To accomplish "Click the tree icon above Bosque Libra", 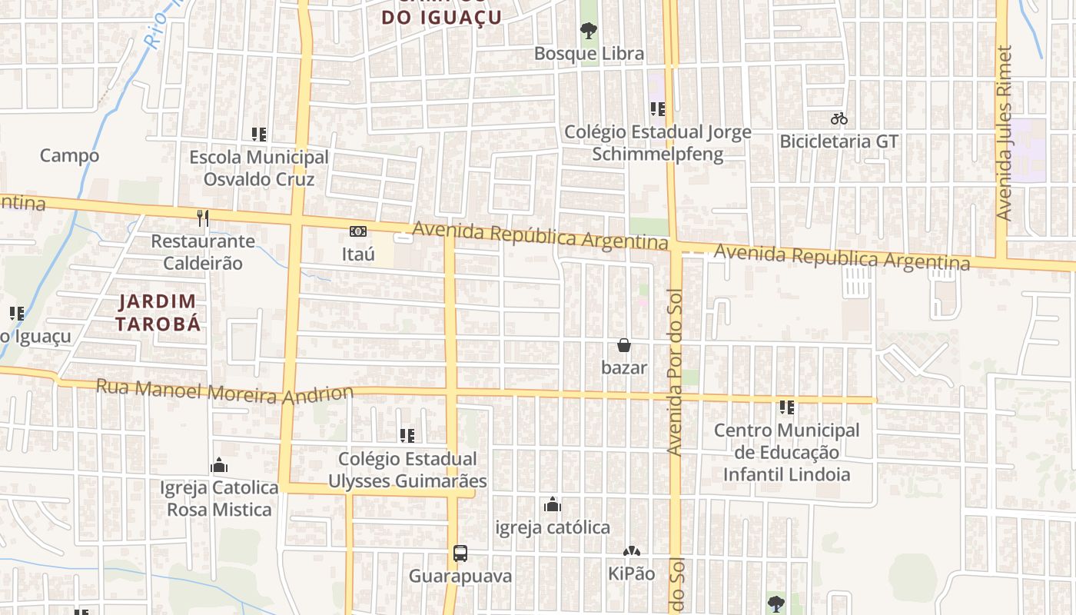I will pyautogui.click(x=589, y=31).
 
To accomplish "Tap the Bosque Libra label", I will pyautogui.click(x=589, y=54).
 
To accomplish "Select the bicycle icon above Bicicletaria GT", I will pyautogui.click(x=839, y=119).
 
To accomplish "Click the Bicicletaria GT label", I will pyautogui.click(x=839, y=141).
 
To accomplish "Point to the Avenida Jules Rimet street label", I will pyautogui.click(x=1004, y=134).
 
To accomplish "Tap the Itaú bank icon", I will pyautogui.click(x=358, y=231).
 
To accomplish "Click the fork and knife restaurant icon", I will pyautogui.click(x=203, y=218).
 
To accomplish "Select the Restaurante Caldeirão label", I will pyautogui.click(x=203, y=252).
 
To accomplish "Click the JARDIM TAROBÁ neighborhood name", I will pyautogui.click(x=158, y=312).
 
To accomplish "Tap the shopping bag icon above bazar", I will pyautogui.click(x=624, y=345).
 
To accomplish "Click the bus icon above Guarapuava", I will pyautogui.click(x=460, y=553).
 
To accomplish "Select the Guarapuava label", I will pyautogui.click(x=460, y=576).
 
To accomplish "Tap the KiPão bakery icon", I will pyautogui.click(x=631, y=551).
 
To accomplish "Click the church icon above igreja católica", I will pyautogui.click(x=552, y=505).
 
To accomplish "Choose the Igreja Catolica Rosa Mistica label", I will pyautogui.click(x=219, y=498).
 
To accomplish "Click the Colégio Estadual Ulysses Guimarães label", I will pyautogui.click(x=407, y=470).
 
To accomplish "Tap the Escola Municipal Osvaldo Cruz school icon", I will pyautogui.click(x=259, y=135).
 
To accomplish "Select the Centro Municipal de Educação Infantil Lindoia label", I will pyautogui.click(x=786, y=452).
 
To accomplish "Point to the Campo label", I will pyautogui.click(x=69, y=155).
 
